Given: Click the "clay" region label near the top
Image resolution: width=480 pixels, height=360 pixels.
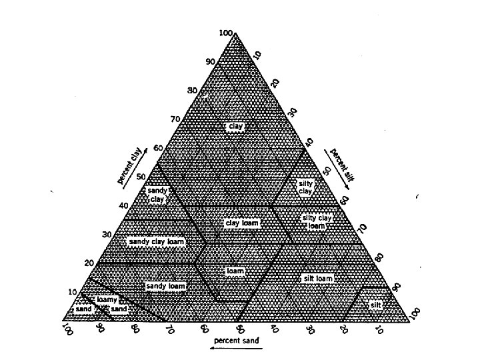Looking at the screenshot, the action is tap(233, 126).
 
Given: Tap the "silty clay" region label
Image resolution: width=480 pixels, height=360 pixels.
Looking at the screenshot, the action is tap(305, 187).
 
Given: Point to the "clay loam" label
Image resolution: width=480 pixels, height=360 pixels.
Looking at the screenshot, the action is tap(241, 223).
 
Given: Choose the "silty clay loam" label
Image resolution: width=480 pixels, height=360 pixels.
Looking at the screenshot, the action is tap(317, 222).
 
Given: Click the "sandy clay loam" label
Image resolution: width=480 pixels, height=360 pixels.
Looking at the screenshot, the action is tap(155, 241).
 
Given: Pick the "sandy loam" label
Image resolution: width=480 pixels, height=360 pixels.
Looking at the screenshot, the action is tap(165, 286).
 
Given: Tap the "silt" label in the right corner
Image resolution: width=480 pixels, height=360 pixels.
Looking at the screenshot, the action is tap(377, 305).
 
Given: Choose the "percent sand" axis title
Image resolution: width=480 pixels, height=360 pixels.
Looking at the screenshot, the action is tap(232, 340).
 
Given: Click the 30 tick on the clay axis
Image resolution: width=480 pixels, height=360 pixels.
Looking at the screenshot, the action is tap(107, 235).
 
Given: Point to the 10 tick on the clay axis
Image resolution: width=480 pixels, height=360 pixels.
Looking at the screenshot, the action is tap(74, 291).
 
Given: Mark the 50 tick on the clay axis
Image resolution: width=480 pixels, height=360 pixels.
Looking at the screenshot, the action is tap(141, 176).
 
